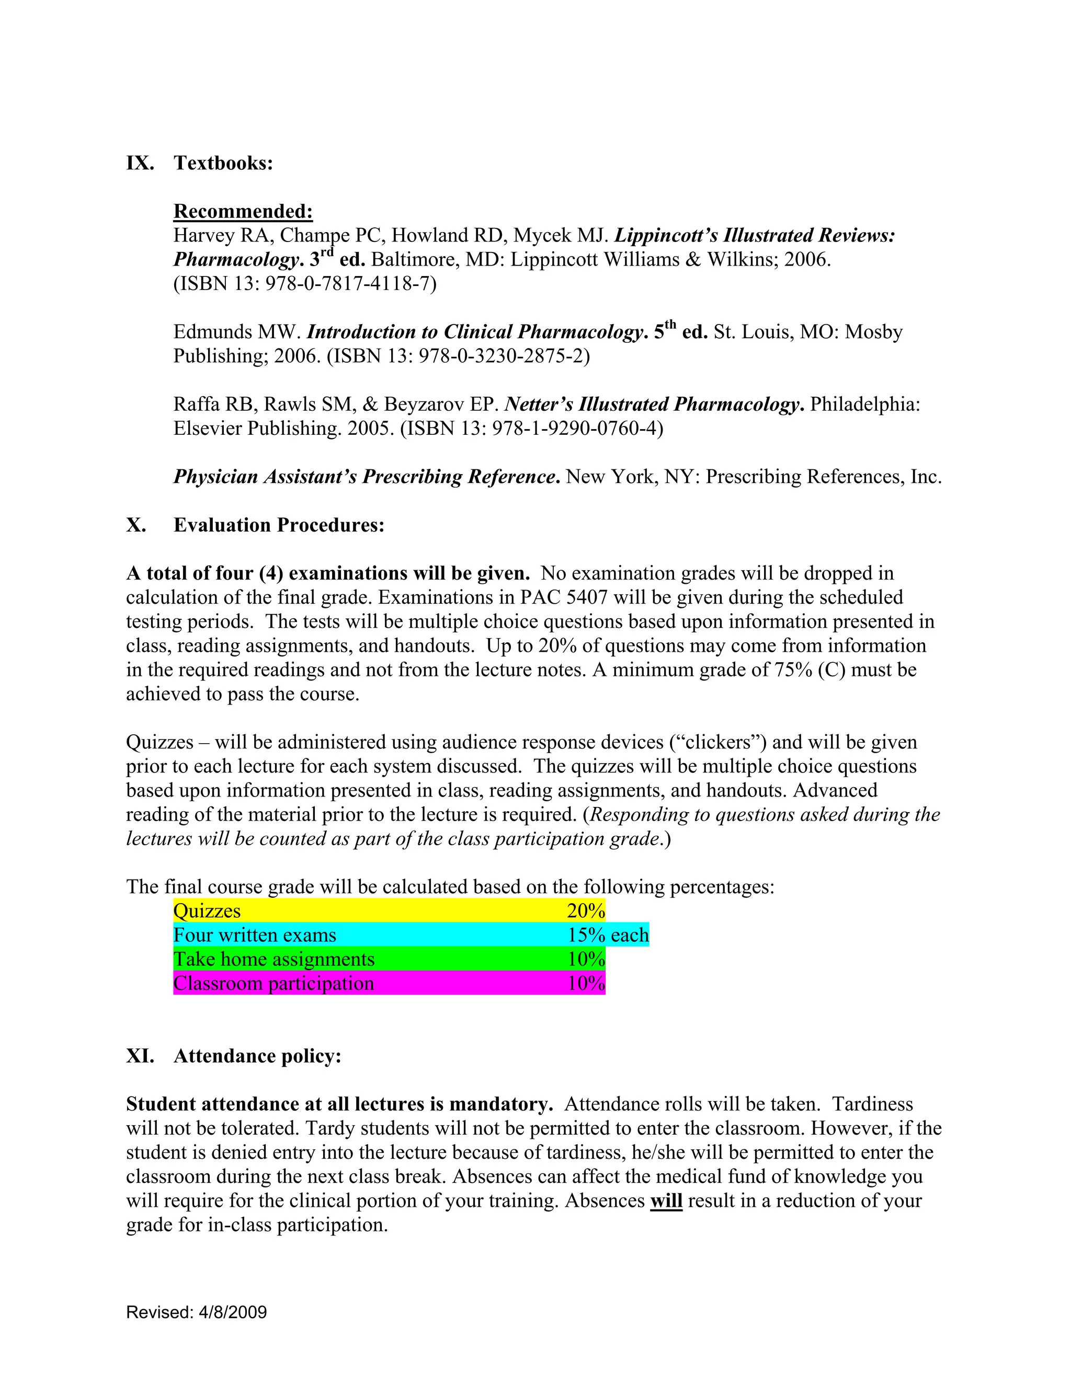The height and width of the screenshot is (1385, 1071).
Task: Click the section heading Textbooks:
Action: (x=223, y=163)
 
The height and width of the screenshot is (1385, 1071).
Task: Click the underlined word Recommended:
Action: (x=243, y=211)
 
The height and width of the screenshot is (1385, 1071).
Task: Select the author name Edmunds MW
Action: (x=237, y=332)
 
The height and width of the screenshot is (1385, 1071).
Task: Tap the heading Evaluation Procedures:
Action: (x=279, y=525)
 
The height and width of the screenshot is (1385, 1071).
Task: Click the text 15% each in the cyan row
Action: (x=608, y=935)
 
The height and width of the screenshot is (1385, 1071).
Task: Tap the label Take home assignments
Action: (x=274, y=959)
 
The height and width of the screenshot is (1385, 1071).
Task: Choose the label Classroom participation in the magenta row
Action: (x=274, y=983)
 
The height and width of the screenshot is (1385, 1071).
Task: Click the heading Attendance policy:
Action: (x=258, y=1056)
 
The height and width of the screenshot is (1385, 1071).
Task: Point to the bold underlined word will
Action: (x=666, y=1201)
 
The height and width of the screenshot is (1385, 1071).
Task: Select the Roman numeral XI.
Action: (x=140, y=1056)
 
